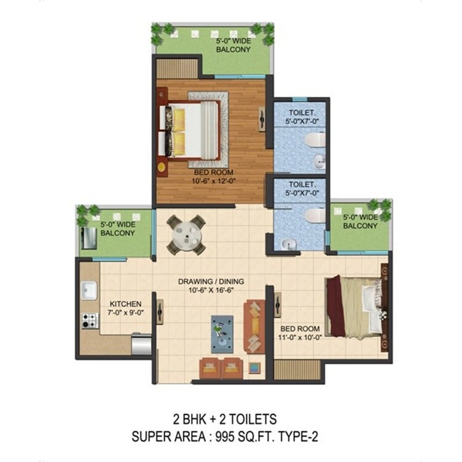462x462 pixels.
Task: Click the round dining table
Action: [x=187, y=236]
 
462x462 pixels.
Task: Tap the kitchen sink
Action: [x=89, y=290]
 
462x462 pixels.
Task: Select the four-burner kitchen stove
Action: [x=90, y=320]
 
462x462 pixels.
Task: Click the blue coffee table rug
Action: [x=222, y=334]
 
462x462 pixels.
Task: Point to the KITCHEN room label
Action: [x=126, y=304]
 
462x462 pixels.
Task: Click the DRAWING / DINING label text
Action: [x=211, y=282]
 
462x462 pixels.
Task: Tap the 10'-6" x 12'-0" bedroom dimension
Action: [x=214, y=181]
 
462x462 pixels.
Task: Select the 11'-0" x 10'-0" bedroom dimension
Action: [x=300, y=338]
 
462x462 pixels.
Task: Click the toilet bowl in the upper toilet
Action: [x=315, y=140]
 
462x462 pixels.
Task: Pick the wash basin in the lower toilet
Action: [x=289, y=245]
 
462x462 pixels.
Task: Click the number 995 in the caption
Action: [x=225, y=436]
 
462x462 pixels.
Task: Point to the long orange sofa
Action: [x=254, y=326]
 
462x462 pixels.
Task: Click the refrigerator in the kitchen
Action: [x=141, y=344]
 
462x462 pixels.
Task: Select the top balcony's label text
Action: [x=233, y=45]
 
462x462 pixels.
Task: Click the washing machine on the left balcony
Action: [x=88, y=238]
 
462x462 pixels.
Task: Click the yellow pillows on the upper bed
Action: [x=179, y=132]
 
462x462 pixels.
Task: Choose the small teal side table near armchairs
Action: [x=254, y=367]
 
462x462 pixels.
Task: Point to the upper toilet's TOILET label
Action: [x=302, y=113]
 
